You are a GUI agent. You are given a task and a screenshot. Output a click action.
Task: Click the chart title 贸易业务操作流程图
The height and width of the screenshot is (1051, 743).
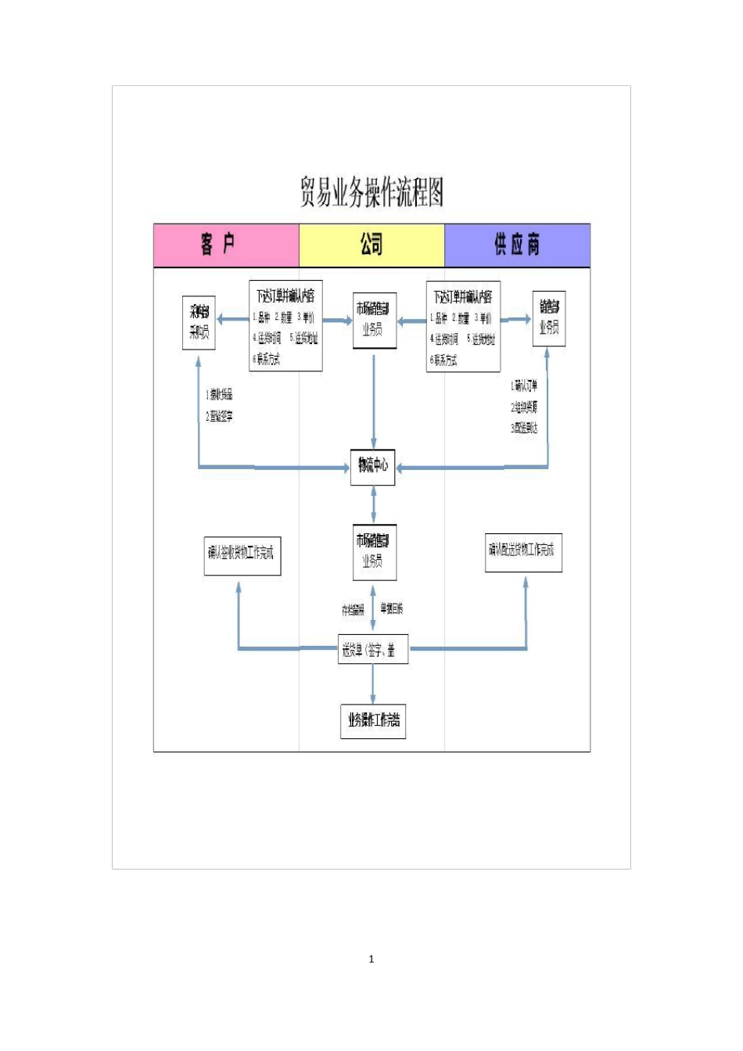tap(371, 192)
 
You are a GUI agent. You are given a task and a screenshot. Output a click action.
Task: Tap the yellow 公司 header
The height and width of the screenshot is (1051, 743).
tap(371, 245)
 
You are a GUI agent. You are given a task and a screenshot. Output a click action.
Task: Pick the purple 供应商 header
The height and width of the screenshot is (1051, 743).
tap(517, 245)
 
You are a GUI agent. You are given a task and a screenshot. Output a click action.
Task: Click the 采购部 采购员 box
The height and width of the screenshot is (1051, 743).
tap(199, 322)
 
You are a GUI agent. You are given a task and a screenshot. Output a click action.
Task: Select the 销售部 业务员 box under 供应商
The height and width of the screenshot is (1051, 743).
tap(549, 318)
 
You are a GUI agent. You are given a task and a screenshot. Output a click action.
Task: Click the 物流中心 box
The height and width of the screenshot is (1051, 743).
tap(373, 466)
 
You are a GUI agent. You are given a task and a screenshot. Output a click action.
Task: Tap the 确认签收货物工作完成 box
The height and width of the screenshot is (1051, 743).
tap(242, 554)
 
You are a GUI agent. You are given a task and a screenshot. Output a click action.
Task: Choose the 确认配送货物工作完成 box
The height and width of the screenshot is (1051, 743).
tap(522, 551)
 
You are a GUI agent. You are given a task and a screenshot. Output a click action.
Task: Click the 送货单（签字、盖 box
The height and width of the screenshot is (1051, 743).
tap(372, 649)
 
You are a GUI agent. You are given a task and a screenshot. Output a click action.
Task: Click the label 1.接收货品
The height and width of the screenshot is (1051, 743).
tap(220, 395)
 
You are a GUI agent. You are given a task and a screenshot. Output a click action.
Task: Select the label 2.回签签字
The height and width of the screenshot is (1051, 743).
tap(220, 417)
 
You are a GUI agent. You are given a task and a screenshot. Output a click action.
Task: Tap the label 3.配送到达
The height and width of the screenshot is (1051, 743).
tap(524, 429)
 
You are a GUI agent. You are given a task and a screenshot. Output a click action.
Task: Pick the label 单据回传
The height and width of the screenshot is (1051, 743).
tap(392, 608)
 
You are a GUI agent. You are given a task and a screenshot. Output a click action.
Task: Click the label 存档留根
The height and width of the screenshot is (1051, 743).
tap(353, 610)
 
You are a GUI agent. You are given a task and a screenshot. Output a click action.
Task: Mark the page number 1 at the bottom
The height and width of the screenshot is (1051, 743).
tap(371, 959)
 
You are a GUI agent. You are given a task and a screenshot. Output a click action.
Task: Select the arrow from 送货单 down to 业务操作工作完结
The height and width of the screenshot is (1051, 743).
tap(373, 684)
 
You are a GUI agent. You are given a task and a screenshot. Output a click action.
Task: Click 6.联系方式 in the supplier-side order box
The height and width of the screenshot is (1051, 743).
tap(443, 360)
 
